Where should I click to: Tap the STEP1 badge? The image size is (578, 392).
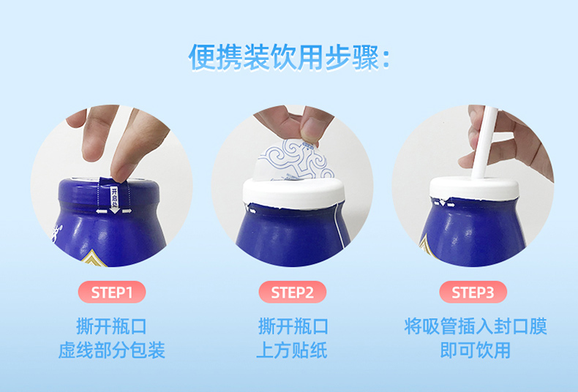[x=112, y=292]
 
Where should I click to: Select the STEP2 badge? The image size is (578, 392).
[x=293, y=292]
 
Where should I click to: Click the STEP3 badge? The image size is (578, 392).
[x=473, y=292]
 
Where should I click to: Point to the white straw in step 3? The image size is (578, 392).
[x=484, y=143]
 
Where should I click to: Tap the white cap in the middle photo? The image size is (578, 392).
[x=293, y=193]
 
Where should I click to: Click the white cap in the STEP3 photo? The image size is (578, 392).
[x=474, y=189]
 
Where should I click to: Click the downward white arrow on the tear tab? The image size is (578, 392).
[x=114, y=209]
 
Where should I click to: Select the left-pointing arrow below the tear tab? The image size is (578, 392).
[x=100, y=211]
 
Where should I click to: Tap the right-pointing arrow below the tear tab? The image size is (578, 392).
[x=127, y=211]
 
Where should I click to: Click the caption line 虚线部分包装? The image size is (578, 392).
[x=112, y=350]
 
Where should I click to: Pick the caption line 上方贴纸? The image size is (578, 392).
[x=292, y=350]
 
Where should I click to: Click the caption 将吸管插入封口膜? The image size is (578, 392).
[x=476, y=326]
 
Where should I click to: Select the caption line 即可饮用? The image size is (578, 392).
[x=476, y=350]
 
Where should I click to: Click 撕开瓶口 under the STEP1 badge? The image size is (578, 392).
[x=112, y=326]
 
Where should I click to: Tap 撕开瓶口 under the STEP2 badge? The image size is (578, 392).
[x=293, y=326]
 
